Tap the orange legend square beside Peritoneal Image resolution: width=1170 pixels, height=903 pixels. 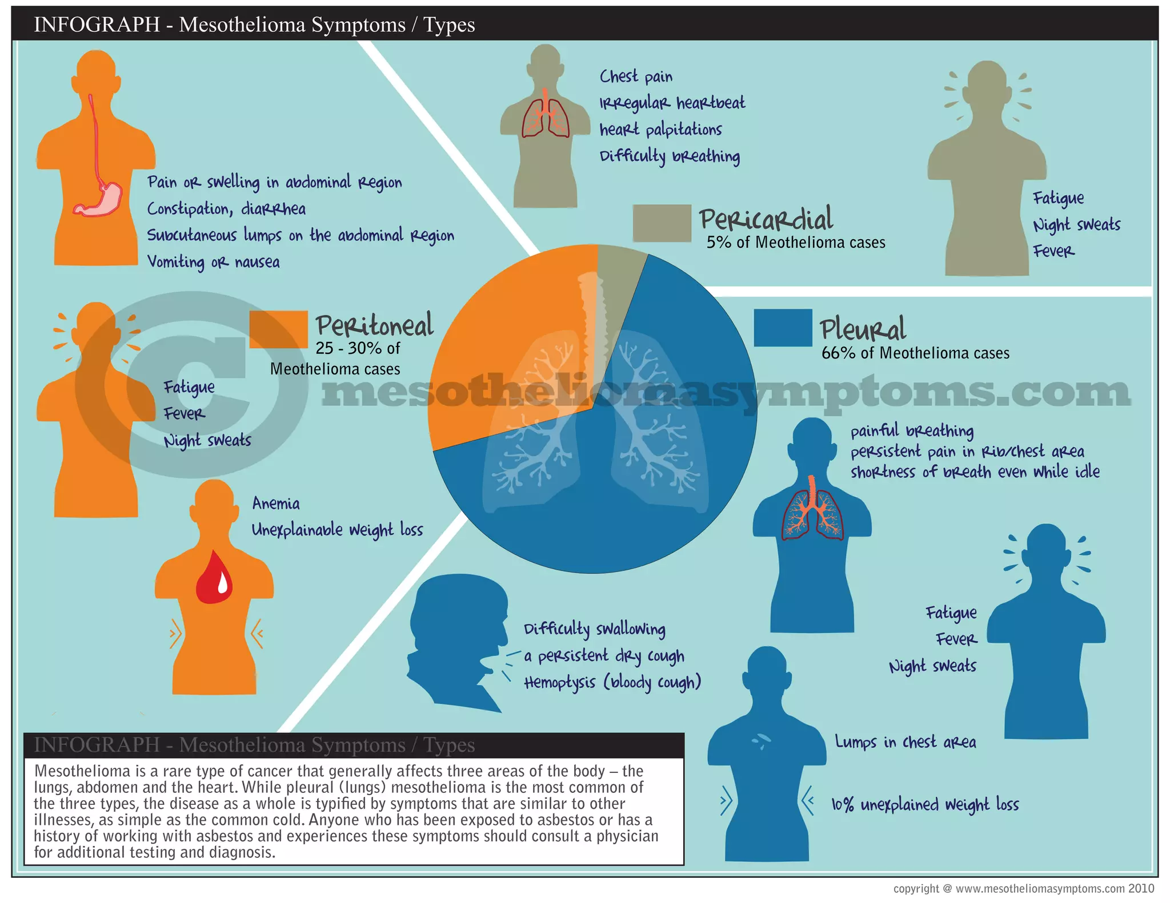278,329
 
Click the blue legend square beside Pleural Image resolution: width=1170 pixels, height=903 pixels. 783,328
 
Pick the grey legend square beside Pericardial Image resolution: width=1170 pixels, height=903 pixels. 662,223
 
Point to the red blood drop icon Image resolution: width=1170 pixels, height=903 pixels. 214,578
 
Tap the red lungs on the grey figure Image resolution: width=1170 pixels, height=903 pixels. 546,117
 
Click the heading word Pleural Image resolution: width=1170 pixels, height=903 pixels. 863,329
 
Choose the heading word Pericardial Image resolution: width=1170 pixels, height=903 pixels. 766,219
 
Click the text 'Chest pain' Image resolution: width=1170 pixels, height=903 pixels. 636,76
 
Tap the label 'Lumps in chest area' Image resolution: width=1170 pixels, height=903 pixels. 905,742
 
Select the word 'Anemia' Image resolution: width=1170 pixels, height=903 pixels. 276,503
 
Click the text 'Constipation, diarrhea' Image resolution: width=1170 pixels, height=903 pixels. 226,209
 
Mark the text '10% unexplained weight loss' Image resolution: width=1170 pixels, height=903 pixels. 925,805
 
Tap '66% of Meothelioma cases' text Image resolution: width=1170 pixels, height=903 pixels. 915,353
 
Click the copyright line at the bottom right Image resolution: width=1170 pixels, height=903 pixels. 1023,889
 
